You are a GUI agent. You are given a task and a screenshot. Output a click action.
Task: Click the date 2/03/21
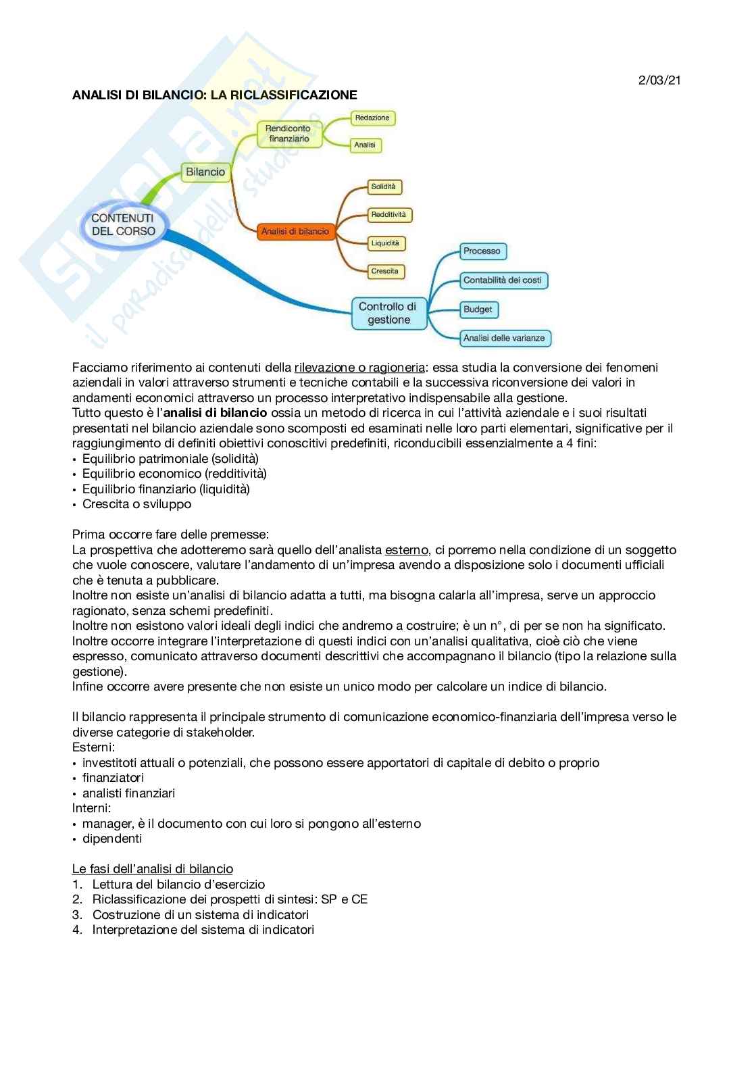click(x=659, y=80)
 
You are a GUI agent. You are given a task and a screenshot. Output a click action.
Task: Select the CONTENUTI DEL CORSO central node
click(x=123, y=224)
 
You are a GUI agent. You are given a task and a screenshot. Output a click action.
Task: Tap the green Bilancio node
click(x=205, y=172)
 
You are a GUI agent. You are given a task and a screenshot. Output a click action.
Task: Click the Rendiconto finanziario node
click(x=288, y=134)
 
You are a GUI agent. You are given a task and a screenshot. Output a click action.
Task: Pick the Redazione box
click(x=372, y=118)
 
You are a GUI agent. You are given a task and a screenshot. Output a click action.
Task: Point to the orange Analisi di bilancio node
click(x=295, y=231)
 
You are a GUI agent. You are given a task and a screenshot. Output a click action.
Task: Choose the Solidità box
click(x=383, y=187)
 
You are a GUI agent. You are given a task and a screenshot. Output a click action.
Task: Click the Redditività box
click(x=388, y=215)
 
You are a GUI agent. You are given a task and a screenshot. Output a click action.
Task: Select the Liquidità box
click(x=385, y=243)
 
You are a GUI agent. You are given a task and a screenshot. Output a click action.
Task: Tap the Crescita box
click(x=384, y=271)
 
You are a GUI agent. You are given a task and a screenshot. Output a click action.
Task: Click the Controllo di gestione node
click(x=388, y=313)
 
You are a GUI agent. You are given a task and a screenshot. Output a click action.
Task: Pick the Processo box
click(x=482, y=251)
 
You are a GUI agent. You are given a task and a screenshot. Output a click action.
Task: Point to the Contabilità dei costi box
click(x=503, y=280)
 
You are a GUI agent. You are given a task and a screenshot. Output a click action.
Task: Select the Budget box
click(x=478, y=309)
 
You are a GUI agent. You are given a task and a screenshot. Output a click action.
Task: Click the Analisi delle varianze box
click(x=504, y=338)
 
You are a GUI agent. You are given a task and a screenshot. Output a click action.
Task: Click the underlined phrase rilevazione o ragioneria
click(x=359, y=368)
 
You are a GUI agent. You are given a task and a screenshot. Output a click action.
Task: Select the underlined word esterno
click(x=406, y=550)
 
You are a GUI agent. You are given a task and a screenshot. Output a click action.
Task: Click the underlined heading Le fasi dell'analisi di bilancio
click(x=153, y=869)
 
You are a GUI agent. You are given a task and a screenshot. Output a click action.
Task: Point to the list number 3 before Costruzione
click(x=77, y=915)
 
